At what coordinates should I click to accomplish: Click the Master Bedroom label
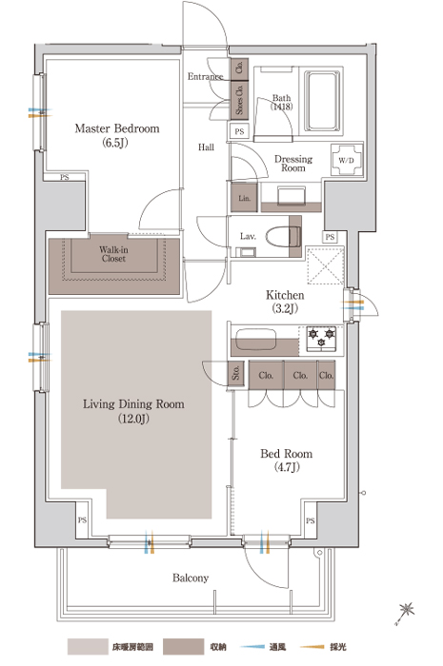[x=117, y=135]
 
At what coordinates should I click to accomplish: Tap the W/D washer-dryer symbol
[x=347, y=160]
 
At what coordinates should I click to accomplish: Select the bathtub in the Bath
[x=323, y=101]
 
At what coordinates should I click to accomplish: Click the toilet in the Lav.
[x=283, y=237]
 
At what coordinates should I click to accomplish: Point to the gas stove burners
[x=321, y=339]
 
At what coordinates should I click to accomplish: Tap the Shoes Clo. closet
[x=239, y=99]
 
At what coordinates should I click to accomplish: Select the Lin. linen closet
[x=244, y=198]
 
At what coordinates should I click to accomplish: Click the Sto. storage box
[x=236, y=373]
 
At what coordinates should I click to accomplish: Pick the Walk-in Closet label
[x=113, y=254]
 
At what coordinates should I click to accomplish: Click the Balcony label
[x=191, y=578]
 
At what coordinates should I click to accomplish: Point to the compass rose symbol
[x=405, y=613]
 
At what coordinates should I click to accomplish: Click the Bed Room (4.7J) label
[x=287, y=460]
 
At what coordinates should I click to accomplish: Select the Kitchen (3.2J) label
[x=285, y=302]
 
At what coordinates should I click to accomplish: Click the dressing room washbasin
[x=292, y=196]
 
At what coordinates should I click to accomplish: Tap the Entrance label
[x=206, y=76]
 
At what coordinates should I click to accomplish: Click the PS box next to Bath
[x=239, y=131]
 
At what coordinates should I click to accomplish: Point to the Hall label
[x=206, y=147]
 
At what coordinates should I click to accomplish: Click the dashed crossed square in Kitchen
[x=325, y=265]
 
